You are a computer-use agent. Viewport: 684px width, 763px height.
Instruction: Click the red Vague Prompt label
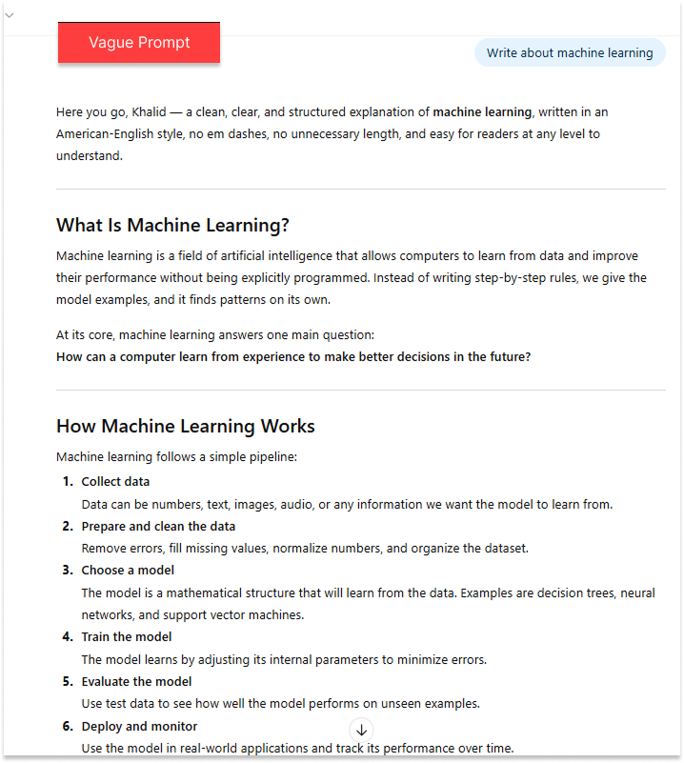[139, 43]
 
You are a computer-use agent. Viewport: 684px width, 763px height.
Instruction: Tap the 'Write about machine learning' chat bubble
[570, 53]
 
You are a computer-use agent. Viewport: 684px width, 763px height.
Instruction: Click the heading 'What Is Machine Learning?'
[172, 226]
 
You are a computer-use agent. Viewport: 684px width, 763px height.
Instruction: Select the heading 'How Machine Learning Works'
[186, 426]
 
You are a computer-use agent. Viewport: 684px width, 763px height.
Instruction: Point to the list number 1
[68, 482]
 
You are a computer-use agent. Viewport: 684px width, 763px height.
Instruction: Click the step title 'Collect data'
[115, 482]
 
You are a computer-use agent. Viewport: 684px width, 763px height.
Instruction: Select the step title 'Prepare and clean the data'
[158, 527]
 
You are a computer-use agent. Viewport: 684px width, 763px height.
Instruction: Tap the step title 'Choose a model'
[128, 571]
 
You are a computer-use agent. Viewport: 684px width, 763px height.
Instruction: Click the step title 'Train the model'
[127, 637]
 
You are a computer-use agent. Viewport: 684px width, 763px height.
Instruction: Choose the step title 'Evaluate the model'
[136, 682]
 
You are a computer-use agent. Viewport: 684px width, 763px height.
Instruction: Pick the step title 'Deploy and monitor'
[139, 727]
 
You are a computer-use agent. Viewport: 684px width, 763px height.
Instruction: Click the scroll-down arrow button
[361, 731]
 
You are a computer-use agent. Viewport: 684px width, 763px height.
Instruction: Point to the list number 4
[68, 637]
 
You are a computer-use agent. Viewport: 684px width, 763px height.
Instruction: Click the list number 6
[68, 727]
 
